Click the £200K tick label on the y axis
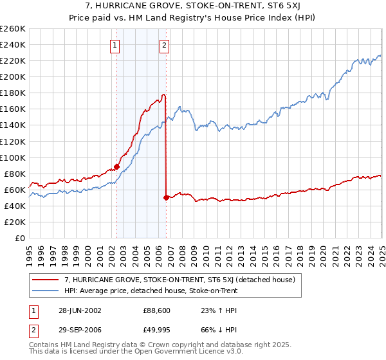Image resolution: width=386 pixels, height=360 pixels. coord(13,76)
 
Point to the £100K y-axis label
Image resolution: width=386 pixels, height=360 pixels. coord(13,157)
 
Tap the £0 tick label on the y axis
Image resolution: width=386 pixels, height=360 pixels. coord(21,238)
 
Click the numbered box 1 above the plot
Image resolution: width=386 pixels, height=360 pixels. coord(115,45)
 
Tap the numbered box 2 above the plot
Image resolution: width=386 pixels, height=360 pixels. coord(165,45)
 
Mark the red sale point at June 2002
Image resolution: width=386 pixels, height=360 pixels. coord(117,166)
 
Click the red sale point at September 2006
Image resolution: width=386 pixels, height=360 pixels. coord(167,197)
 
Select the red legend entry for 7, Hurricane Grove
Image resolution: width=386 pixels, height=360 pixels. coord(179,280)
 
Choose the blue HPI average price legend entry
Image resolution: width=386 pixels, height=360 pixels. coord(151,291)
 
